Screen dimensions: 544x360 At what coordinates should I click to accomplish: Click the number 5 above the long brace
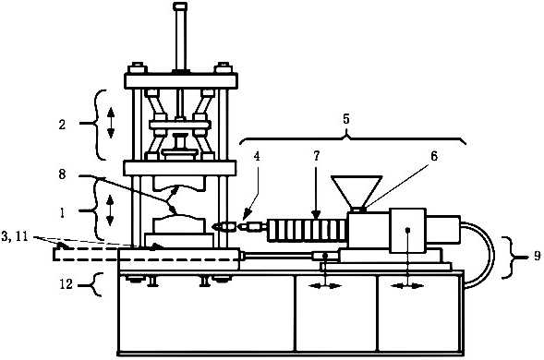click(x=346, y=119)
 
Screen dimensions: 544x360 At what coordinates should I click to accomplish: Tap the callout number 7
click(x=316, y=156)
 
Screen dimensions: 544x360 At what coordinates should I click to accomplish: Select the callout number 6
click(x=434, y=156)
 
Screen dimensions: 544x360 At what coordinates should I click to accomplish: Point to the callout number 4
click(x=257, y=156)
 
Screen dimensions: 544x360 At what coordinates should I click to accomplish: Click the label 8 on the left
click(x=62, y=174)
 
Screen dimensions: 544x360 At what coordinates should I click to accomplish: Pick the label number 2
click(x=62, y=125)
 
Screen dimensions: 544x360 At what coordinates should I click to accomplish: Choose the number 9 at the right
click(x=537, y=256)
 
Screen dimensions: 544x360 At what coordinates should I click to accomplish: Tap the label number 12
click(x=66, y=284)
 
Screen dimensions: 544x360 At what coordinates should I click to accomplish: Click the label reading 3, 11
click(x=14, y=237)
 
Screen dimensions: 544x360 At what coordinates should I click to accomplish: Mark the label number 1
click(x=63, y=212)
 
